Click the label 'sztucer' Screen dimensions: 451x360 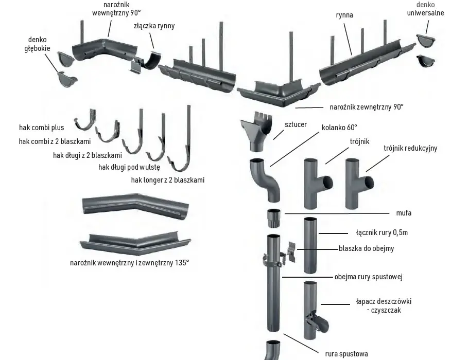click(296, 124)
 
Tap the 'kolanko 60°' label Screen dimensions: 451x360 click(339, 127)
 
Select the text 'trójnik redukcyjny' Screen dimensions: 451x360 click(410, 148)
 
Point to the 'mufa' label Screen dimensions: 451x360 click(404, 213)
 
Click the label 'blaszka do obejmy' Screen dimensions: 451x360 click(366, 248)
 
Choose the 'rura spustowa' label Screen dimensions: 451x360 click(346, 354)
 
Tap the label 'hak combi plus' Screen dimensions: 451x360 click(41, 128)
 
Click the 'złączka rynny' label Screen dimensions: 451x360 click(154, 26)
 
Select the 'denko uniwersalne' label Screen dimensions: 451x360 click(425, 9)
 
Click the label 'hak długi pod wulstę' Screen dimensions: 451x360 click(129, 167)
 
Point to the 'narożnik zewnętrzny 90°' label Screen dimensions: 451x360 click(367, 107)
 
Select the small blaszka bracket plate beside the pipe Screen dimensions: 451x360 click(291, 252)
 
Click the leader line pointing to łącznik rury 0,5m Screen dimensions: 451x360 click(334, 233)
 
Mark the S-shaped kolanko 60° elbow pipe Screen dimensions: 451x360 click(265, 179)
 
